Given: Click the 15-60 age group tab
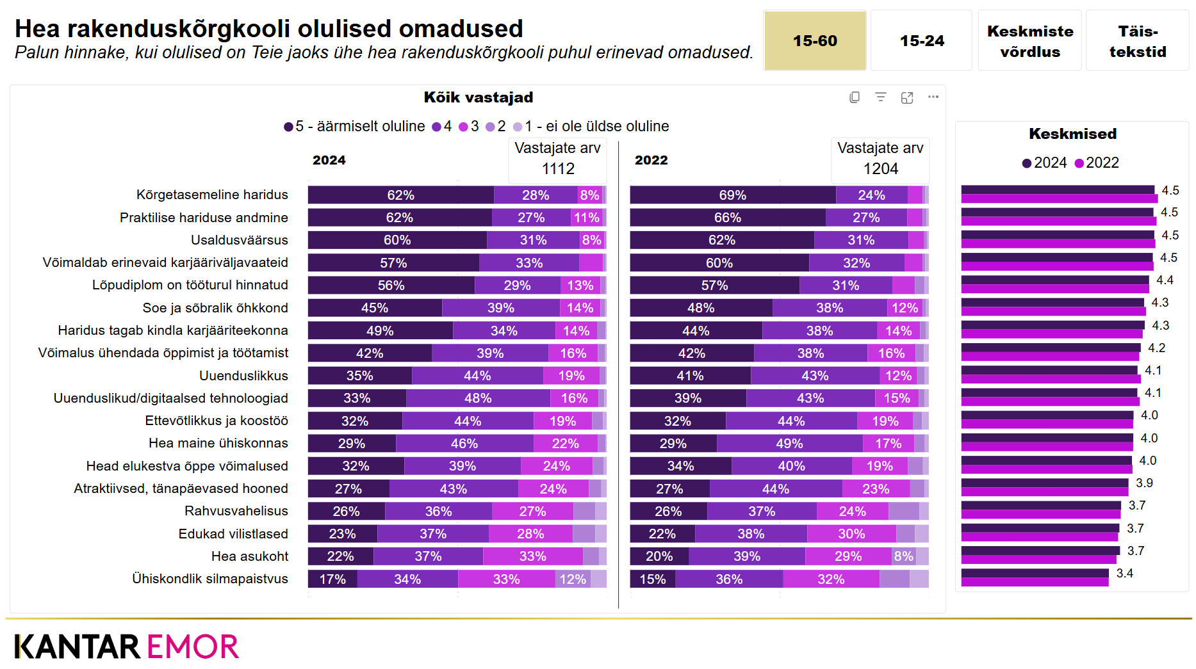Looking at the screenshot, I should (814, 40).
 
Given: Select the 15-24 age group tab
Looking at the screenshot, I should (921, 40).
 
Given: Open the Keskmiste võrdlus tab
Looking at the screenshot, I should (1029, 41).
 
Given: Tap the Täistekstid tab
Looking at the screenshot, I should (1137, 41).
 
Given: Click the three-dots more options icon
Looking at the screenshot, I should (933, 97).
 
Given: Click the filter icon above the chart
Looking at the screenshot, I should (881, 97).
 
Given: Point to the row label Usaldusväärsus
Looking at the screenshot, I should (239, 240).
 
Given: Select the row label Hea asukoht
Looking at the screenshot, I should (249, 556).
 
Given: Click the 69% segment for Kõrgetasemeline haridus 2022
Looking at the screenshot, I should (732, 195).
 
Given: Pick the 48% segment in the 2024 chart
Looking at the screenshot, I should (478, 398).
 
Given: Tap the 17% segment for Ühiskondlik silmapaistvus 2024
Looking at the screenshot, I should (332, 579).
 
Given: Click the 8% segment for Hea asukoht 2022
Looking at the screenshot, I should (903, 556).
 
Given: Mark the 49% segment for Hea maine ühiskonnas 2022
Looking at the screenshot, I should (789, 444).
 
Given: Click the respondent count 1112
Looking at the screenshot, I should (558, 169).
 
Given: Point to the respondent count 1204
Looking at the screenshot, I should (880, 169).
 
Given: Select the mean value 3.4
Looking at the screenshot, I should (1124, 574).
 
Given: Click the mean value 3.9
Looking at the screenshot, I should (1144, 483).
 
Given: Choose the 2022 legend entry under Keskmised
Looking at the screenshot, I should (1097, 163).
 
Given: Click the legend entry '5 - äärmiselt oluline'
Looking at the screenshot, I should (354, 127).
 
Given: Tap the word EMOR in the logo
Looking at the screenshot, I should (192, 647).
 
